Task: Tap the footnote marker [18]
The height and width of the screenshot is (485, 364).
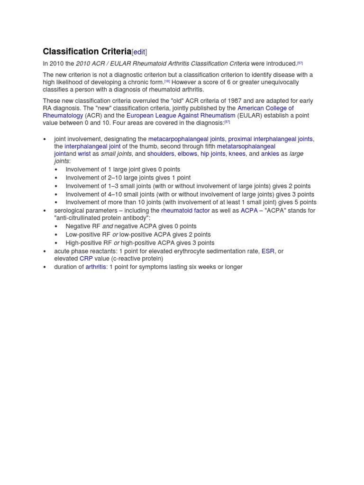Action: pyautogui.click(x=167, y=81)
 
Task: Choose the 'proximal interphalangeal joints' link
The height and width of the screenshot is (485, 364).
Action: pyautogui.click(x=270, y=139)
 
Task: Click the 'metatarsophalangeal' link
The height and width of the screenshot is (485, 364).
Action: pyautogui.click(x=246, y=146)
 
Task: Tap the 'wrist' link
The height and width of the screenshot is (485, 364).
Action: pyautogui.click(x=84, y=154)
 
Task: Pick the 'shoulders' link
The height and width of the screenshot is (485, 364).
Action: pyautogui.click(x=161, y=154)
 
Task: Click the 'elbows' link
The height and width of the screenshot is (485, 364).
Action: pyautogui.click(x=187, y=154)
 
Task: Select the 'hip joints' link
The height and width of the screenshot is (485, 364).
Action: pyautogui.click(x=213, y=154)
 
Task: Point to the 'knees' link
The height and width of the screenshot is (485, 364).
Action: pyautogui.click(x=237, y=154)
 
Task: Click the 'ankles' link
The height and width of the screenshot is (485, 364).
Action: pyautogui.click(x=270, y=154)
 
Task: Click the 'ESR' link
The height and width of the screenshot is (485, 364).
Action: pyautogui.click(x=268, y=251)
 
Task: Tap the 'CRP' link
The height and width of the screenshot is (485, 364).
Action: pyautogui.click(x=86, y=259)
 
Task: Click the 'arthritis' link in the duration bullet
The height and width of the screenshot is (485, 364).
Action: pyautogui.click(x=96, y=267)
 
